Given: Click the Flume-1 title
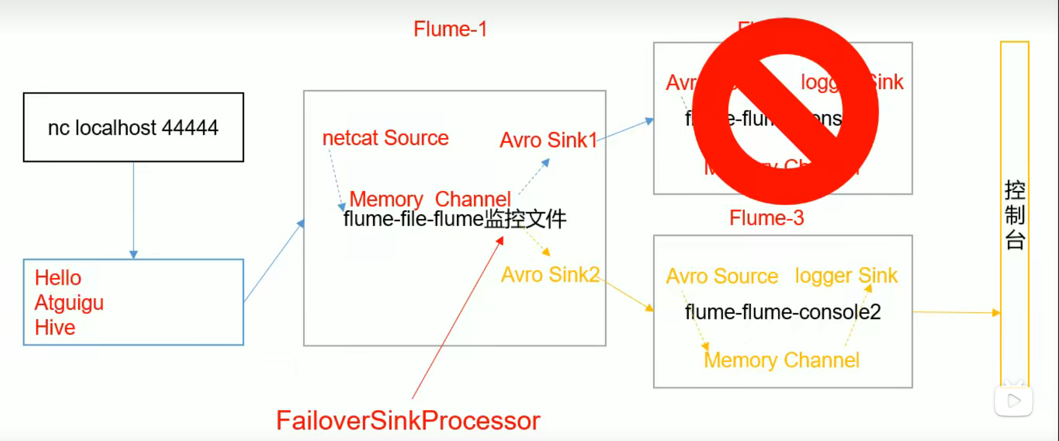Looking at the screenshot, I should tap(450, 29).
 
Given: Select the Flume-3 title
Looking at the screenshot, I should tap(766, 218).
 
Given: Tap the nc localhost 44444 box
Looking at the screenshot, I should tap(133, 127).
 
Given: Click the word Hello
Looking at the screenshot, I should tap(58, 277).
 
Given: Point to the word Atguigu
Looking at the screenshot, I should tap(69, 303).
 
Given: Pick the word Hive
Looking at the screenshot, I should tap(55, 328).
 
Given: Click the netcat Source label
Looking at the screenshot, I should tap(385, 138).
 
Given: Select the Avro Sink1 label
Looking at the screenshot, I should tap(548, 140).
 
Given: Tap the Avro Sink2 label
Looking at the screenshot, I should tap(550, 275).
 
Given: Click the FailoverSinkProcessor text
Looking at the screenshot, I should tap(408, 421).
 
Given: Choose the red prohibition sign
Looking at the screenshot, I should tap(785, 111).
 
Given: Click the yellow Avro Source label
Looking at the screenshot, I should tap(722, 276).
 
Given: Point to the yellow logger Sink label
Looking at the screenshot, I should tap(846, 275).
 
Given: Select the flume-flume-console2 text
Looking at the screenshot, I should tap(782, 312).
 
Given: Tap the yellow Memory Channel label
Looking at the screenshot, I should tap(781, 360).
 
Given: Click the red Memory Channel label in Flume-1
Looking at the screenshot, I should tap(430, 198).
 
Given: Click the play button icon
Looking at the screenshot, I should tap(1014, 401).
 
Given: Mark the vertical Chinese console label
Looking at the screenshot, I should tap(1014, 216).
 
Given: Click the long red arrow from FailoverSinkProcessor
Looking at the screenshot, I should tap(457, 318).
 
